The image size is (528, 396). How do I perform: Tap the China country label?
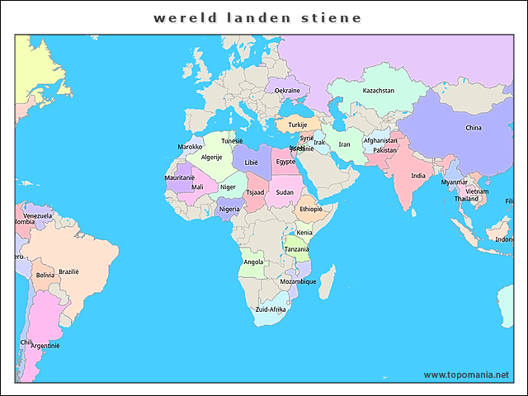(x=474, y=128)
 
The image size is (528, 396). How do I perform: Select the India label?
(x=419, y=176)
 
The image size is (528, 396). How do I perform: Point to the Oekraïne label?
(x=287, y=91)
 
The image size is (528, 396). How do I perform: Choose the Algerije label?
(x=212, y=157)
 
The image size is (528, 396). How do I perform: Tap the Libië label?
(x=251, y=163)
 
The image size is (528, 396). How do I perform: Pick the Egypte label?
(x=285, y=162)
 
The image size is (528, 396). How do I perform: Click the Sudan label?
(x=285, y=192)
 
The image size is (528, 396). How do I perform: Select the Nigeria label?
(x=230, y=209)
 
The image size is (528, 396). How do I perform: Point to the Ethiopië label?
(x=311, y=209)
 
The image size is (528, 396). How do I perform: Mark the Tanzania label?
(x=297, y=249)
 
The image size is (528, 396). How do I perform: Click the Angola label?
(x=254, y=262)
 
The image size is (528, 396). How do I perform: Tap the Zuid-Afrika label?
(x=271, y=309)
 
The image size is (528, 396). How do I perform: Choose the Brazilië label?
(x=68, y=271)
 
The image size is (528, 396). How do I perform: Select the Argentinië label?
(x=45, y=346)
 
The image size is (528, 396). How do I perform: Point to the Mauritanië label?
(x=180, y=177)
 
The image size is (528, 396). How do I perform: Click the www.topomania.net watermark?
(x=466, y=375)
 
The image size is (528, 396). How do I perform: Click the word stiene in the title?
(x=329, y=17)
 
